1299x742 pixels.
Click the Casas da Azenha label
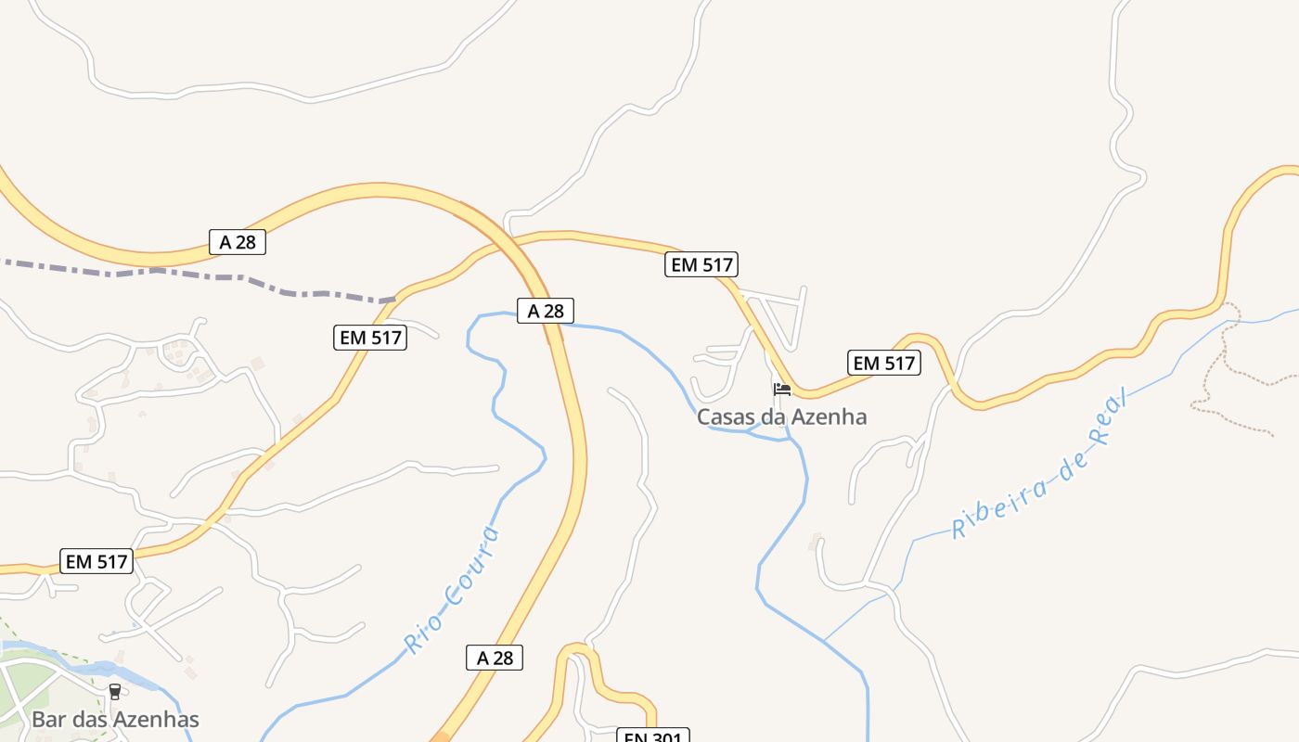[781, 417]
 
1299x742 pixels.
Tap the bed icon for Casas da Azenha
[782, 390]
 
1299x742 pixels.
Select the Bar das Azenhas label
[115, 720]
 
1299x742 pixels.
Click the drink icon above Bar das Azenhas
[115, 691]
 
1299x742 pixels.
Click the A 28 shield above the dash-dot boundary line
[238, 242]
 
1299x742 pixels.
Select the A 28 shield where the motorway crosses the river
[546, 311]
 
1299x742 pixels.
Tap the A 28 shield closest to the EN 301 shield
[495, 659]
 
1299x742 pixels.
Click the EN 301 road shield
[653, 736]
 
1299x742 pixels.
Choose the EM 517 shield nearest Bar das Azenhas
[97, 561]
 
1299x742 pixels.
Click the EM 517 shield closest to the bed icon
[883, 363]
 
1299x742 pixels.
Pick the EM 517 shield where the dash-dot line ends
[370, 338]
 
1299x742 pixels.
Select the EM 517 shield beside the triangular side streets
[701, 264]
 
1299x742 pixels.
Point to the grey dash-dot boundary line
[186, 273]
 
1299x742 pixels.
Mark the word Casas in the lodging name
[725, 417]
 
